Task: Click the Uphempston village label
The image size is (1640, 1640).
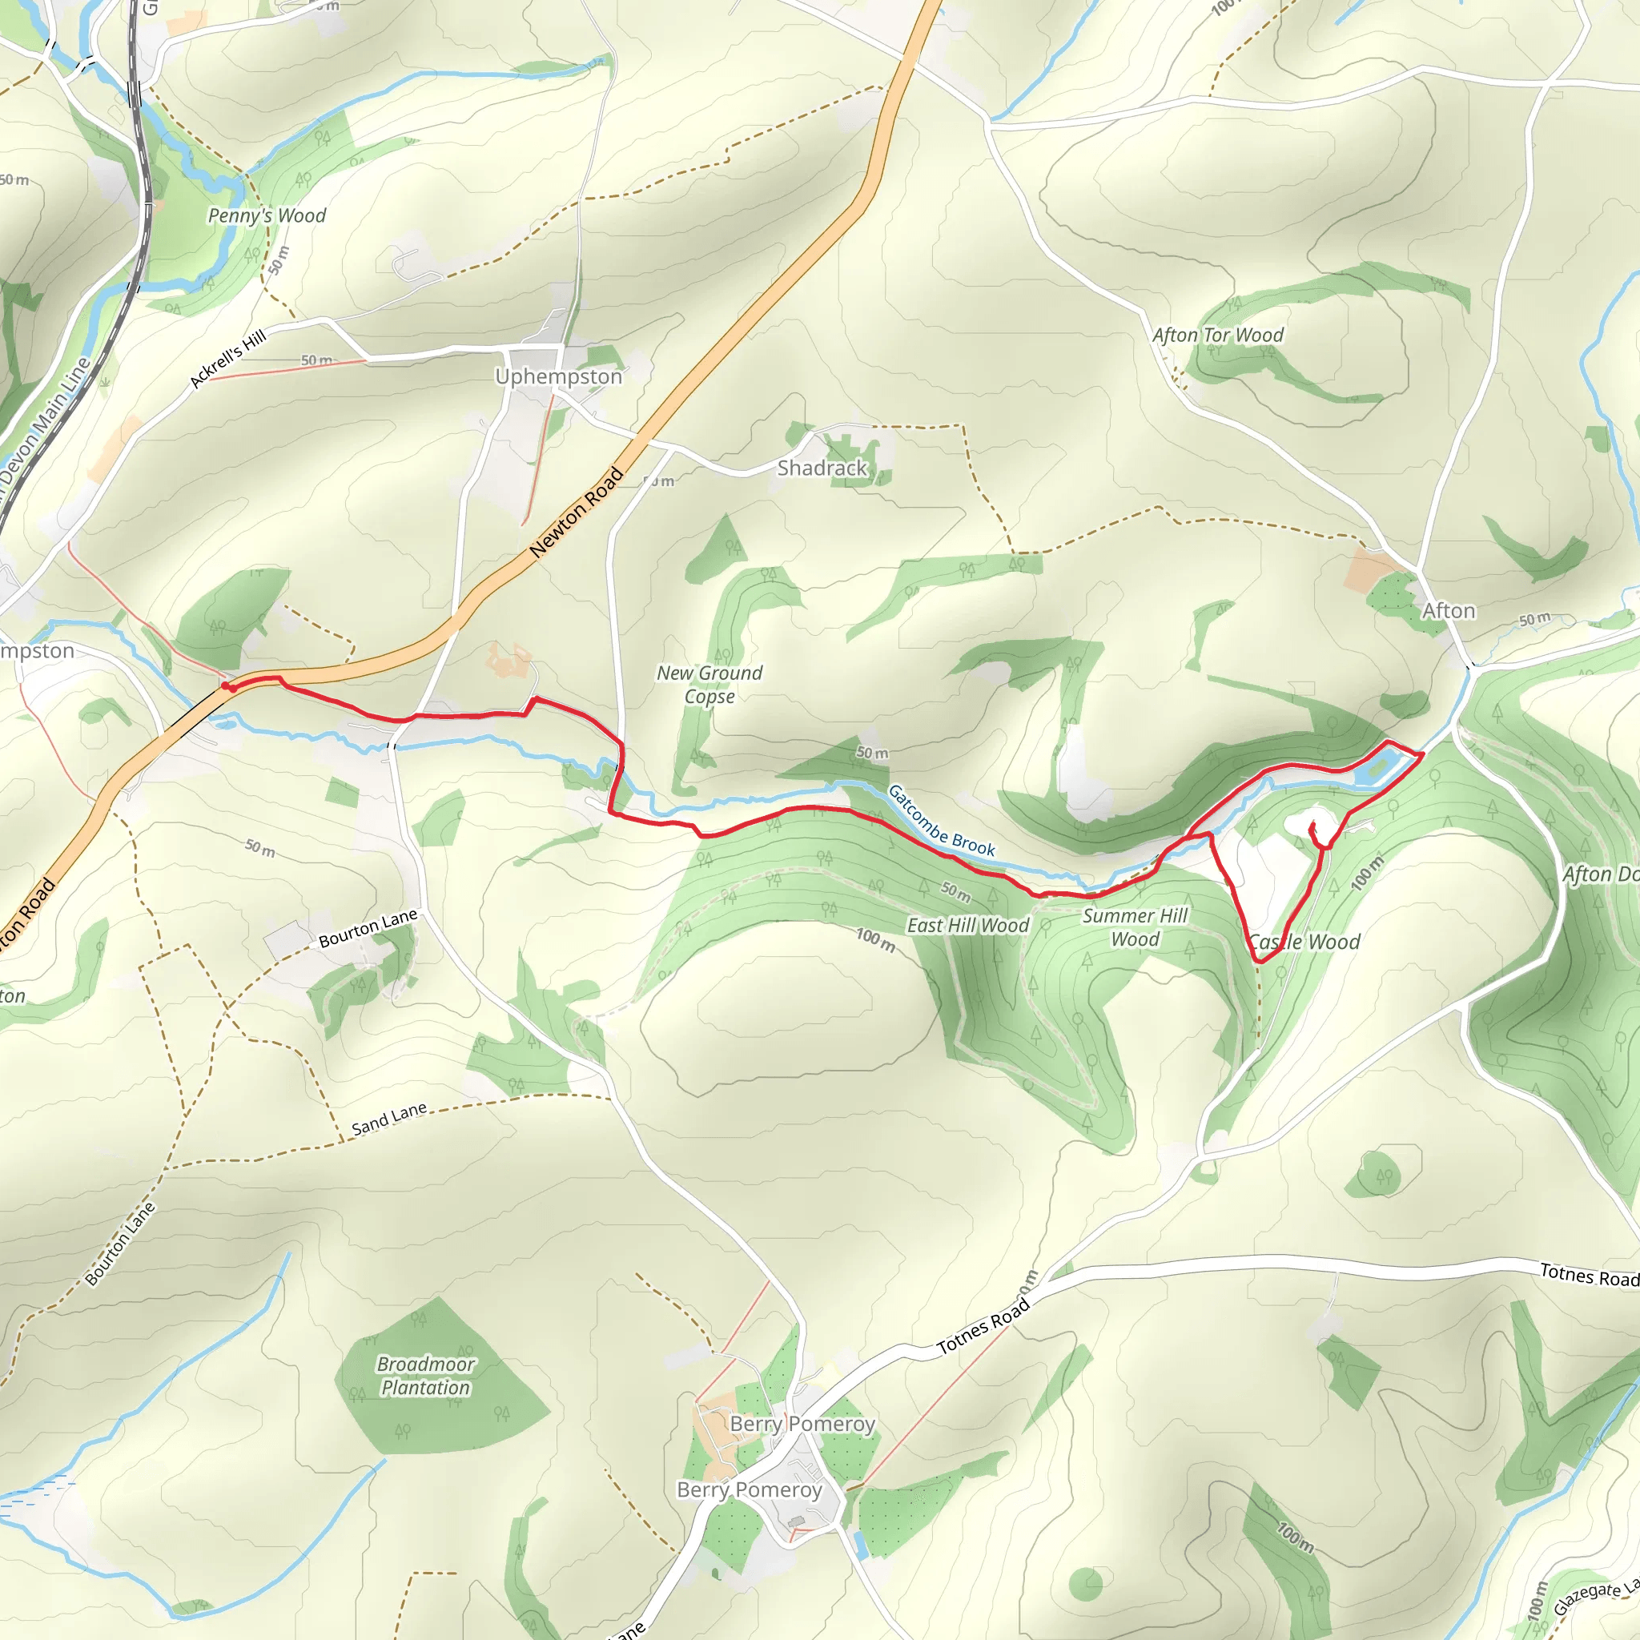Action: pos(559,376)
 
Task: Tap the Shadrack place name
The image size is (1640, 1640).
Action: pos(822,468)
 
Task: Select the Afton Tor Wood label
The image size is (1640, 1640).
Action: pos(1217,336)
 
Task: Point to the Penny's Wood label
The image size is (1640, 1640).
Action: pos(267,215)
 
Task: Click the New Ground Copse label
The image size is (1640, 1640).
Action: pos(709,684)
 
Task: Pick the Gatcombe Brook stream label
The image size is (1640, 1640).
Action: pos(941,820)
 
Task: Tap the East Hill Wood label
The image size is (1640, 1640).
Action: pos(967,925)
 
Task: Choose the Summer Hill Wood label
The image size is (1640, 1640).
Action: pos(1135,927)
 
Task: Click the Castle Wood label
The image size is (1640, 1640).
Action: pos(1304,942)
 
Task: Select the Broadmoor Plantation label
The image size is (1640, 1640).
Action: pos(425,1375)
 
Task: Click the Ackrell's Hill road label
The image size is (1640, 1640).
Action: pos(227,358)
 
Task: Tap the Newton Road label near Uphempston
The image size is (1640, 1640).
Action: pos(577,512)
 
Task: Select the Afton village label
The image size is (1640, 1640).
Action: pos(1448,611)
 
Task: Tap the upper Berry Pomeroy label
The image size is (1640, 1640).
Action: pos(802,1424)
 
